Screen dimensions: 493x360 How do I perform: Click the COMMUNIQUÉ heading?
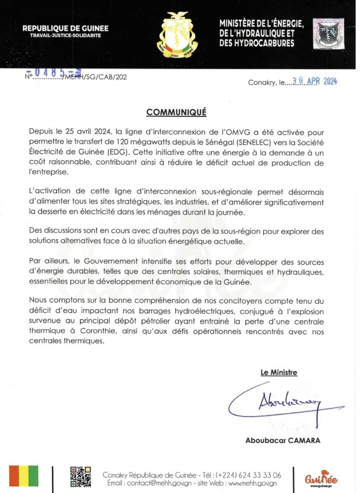176,112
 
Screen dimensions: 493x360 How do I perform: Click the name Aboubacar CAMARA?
282,440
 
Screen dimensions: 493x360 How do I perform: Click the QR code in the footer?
80,477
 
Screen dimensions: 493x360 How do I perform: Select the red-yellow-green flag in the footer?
27,477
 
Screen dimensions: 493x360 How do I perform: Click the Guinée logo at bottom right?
321,479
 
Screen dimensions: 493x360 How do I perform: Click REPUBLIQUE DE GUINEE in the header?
66,29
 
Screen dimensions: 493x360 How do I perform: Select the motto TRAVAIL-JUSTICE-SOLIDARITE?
66,37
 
